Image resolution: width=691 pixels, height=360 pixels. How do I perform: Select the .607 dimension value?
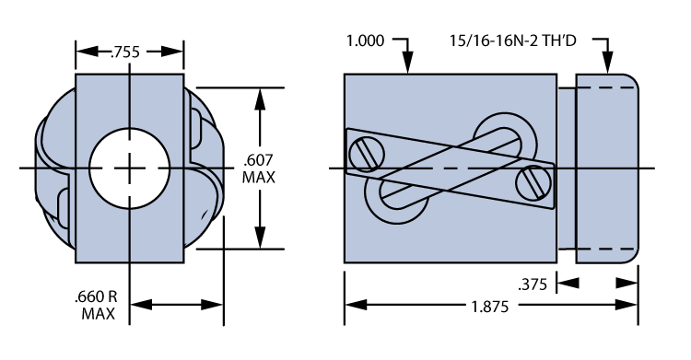click(x=259, y=158)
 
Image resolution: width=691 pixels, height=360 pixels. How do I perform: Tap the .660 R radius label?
click(x=96, y=297)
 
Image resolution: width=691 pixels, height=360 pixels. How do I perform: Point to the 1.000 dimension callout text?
click(x=366, y=41)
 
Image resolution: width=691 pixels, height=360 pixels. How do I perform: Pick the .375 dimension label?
click(x=533, y=285)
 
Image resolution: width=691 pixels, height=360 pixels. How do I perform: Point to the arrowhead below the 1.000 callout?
click(x=407, y=65)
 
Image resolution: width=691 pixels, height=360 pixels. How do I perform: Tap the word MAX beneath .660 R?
click(x=96, y=314)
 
